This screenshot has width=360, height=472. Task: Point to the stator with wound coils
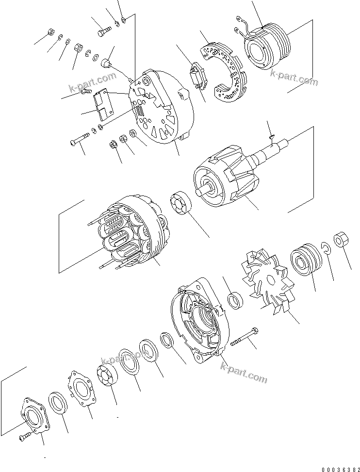(x=131, y=233)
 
